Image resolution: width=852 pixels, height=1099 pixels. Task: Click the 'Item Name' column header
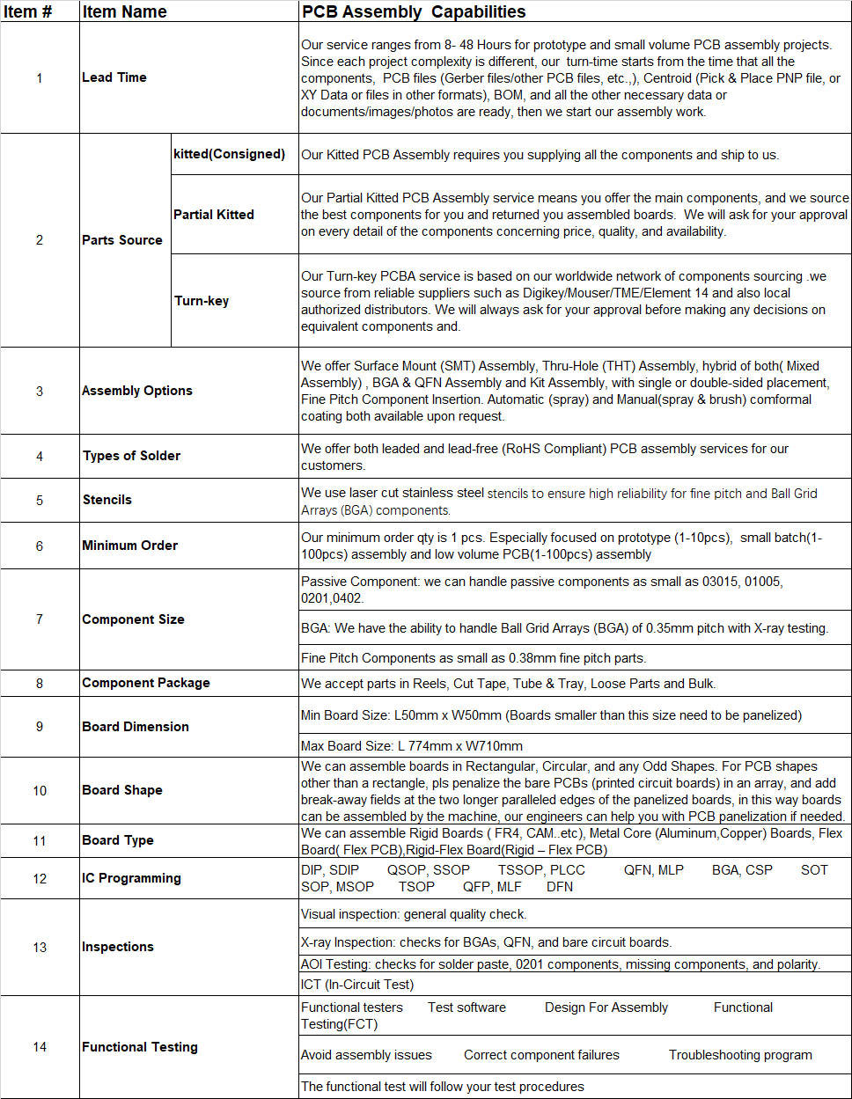(x=124, y=11)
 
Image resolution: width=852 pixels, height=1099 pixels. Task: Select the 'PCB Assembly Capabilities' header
(x=414, y=11)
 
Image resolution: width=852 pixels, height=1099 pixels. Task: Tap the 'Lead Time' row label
(x=114, y=77)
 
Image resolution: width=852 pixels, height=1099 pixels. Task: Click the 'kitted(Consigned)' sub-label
(x=230, y=154)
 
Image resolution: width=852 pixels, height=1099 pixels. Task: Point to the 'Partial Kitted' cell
(x=214, y=215)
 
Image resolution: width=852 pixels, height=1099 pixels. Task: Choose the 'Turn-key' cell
(x=202, y=301)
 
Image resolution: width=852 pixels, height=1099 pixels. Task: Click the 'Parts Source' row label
(x=122, y=240)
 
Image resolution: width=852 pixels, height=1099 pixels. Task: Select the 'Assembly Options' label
(x=137, y=391)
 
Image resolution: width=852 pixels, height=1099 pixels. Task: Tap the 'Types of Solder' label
(x=132, y=456)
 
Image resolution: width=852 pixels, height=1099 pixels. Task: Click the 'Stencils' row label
(x=107, y=500)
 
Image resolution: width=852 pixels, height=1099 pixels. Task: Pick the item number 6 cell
(x=40, y=546)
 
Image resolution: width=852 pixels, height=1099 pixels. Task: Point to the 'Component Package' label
(x=146, y=683)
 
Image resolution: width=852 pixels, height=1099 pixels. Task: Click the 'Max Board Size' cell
(x=412, y=746)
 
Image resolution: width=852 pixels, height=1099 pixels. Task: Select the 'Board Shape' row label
(x=122, y=790)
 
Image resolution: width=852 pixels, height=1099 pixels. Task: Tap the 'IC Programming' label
(x=132, y=878)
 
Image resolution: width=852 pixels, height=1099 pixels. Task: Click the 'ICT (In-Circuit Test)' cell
(x=357, y=985)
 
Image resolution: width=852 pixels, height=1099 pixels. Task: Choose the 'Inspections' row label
(x=118, y=947)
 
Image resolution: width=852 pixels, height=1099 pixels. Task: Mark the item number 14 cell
(x=40, y=1047)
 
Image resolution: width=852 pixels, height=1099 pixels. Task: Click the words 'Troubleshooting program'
(x=740, y=1055)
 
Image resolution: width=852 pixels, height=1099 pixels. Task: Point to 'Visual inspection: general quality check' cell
(x=414, y=914)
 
